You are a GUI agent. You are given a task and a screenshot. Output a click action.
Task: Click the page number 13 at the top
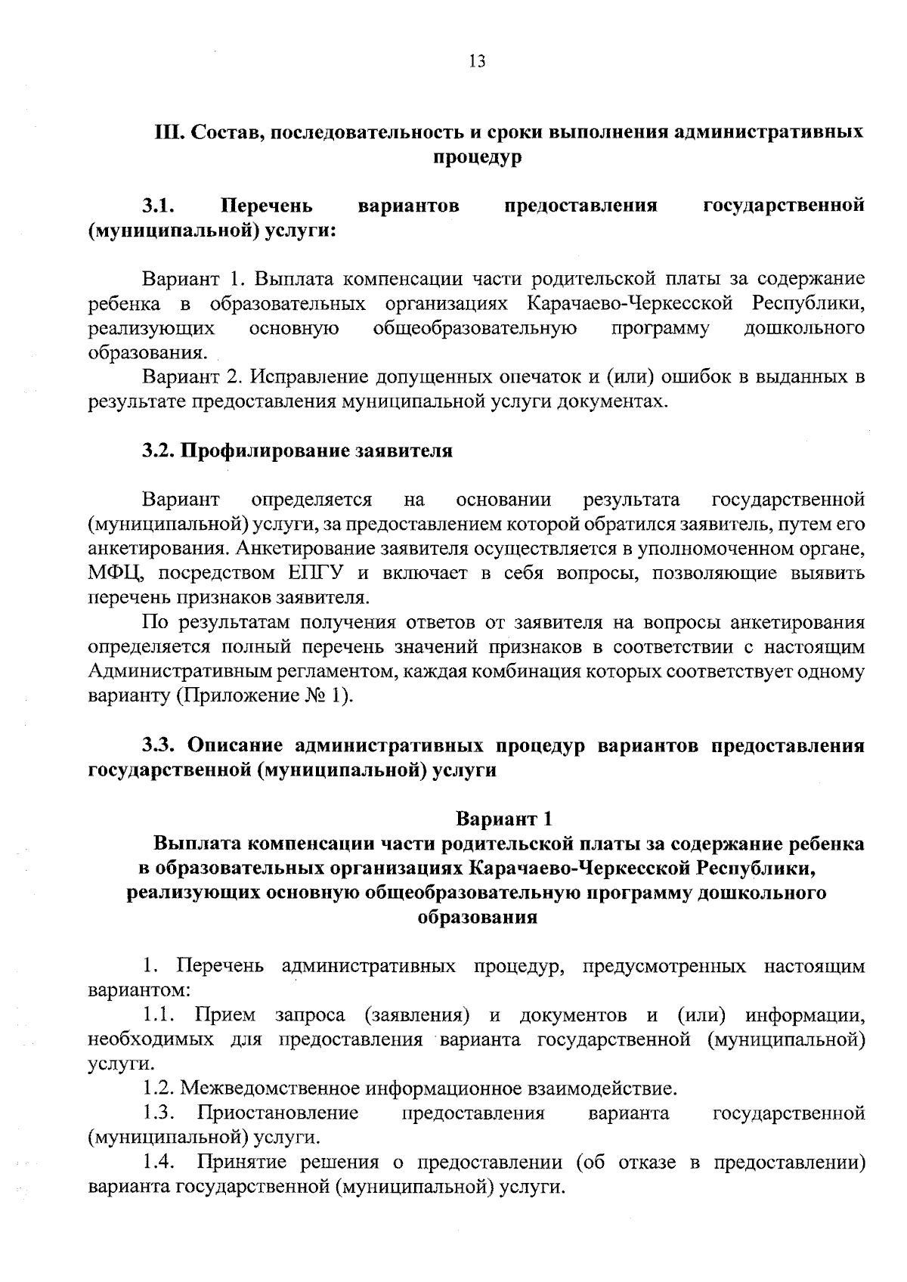pos(477,62)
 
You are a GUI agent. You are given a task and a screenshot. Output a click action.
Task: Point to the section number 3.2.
pos(158,451)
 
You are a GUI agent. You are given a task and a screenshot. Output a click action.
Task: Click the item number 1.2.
pos(158,1088)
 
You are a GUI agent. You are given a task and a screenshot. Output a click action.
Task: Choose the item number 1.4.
pos(159,1162)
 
